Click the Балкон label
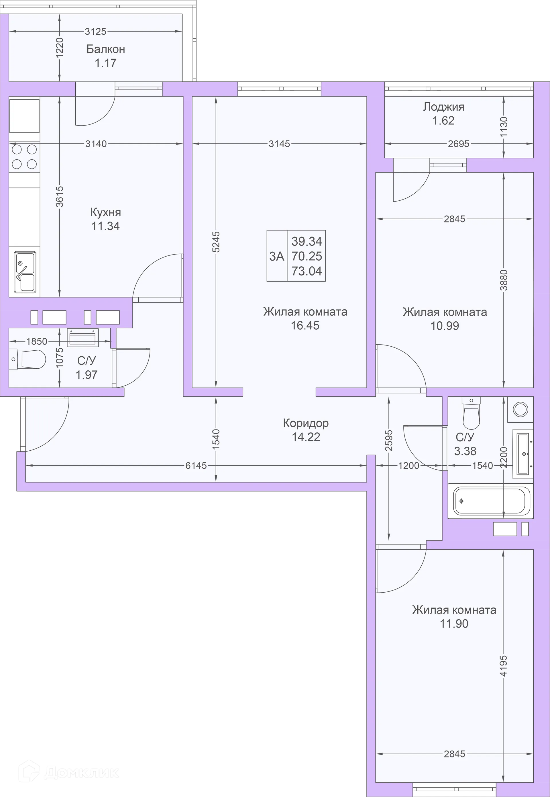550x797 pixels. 105,49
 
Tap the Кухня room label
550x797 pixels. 105,212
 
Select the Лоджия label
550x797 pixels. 443,107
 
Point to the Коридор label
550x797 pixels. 306,423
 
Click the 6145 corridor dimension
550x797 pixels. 196,466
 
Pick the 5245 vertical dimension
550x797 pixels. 216,242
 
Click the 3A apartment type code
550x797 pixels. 277,256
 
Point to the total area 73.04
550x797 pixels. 307,271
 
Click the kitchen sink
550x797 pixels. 25,272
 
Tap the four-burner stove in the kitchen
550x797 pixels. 24,157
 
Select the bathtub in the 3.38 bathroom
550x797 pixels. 490,501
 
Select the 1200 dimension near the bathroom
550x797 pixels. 409,466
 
